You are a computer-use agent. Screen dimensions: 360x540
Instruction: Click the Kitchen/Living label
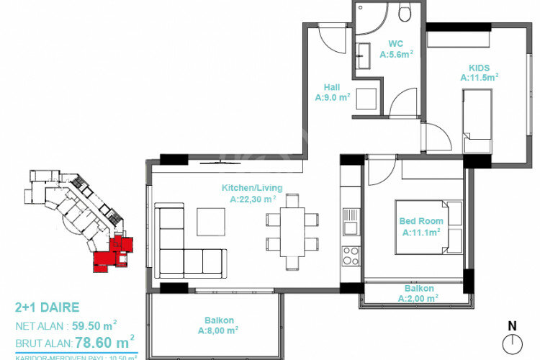(x=251, y=188)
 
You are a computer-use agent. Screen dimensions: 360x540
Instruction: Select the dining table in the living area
(x=292, y=230)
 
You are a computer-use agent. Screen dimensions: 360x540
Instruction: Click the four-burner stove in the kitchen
(x=351, y=256)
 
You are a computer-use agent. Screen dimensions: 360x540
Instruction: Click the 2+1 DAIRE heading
(x=47, y=307)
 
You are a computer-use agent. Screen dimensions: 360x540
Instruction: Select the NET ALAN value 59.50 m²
(x=90, y=325)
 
